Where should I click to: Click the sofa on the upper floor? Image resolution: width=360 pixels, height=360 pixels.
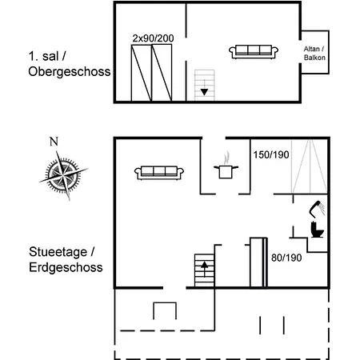tap(254, 51)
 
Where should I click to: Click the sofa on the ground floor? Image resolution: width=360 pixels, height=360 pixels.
tap(159, 173)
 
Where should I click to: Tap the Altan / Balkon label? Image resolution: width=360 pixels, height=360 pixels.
tap(314, 53)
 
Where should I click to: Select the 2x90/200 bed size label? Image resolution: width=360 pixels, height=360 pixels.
tap(153, 38)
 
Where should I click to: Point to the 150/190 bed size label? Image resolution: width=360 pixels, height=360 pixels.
tap(271, 154)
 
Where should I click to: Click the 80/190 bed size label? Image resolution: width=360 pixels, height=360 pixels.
tap(286, 258)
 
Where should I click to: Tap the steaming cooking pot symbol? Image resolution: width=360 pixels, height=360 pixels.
tap(226, 166)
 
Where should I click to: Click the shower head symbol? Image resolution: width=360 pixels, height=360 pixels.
tap(317, 209)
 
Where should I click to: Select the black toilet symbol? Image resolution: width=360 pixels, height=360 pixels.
tap(317, 230)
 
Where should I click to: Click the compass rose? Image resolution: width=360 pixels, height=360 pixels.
tap(63, 175)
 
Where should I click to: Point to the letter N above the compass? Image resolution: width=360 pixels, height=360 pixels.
tap(54, 142)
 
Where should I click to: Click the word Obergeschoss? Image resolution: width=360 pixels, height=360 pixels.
tap(70, 72)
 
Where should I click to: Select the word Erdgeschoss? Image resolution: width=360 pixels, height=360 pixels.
tap(66, 267)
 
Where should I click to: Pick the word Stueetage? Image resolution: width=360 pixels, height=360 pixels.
tap(58, 252)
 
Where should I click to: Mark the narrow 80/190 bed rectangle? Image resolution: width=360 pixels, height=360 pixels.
tap(258, 262)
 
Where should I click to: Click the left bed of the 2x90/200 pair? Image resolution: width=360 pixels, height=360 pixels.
tap(142, 73)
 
